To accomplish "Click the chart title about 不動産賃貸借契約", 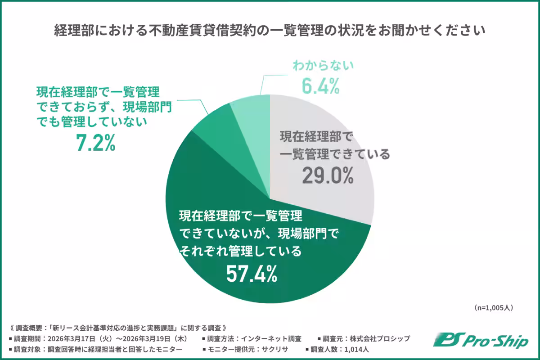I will [x=270, y=31].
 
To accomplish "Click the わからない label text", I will [x=323, y=66].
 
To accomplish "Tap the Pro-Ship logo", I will [x=481, y=341].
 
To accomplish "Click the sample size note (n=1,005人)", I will [x=493, y=308].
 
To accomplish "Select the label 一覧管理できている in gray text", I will [x=335, y=155].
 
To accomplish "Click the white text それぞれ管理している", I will [x=240, y=251].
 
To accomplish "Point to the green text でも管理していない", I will [x=92, y=122].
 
